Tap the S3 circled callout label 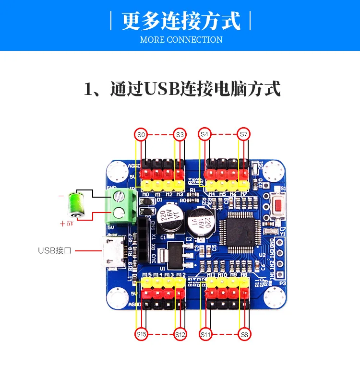click(x=180, y=135)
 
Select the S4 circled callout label click(x=204, y=134)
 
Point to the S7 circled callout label click(x=244, y=134)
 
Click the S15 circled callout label click(x=141, y=334)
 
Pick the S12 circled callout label click(x=180, y=334)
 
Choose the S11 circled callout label click(x=205, y=334)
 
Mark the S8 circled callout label click(x=244, y=334)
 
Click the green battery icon click(x=76, y=205)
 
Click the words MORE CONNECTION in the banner click(x=181, y=40)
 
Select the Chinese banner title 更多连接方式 click(x=180, y=22)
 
